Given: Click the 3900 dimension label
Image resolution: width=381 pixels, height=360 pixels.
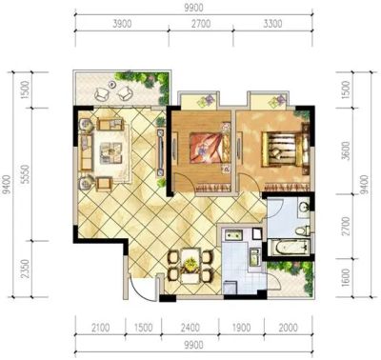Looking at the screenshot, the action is (122, 24).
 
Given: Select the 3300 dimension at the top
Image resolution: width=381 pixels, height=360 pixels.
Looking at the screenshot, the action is (272, 24).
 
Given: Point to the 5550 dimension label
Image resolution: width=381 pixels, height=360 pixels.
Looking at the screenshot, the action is (26, 174).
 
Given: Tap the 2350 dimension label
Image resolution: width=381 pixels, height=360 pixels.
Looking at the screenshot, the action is (26, 269).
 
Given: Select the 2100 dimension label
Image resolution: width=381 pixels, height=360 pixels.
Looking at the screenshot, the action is (100, 328).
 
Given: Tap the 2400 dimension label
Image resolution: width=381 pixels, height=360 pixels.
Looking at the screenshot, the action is (190, 328).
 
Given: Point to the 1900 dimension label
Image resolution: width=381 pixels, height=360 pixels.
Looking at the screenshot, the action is (241, 328).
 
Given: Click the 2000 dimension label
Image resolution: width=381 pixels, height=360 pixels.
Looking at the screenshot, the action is (289, 328).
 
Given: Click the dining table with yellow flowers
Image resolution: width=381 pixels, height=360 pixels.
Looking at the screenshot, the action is (190, 266).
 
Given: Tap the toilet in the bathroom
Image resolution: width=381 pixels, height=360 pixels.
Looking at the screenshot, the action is (303, 230).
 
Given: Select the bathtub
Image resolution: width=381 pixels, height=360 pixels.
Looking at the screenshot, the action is (289, 248).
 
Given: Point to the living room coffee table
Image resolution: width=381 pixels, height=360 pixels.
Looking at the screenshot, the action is (111, 153).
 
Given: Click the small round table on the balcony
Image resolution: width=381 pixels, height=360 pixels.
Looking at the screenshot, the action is (111, 85).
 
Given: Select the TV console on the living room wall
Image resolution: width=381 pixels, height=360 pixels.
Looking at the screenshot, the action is (161, 152).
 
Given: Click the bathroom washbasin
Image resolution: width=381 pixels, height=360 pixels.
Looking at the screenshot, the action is (304, 207).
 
